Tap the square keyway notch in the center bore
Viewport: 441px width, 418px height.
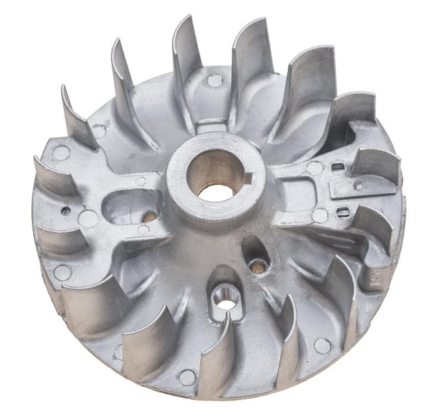[247, 179]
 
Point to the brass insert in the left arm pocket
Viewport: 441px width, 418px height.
[149, 217]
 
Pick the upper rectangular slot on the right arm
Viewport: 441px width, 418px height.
[337, 166]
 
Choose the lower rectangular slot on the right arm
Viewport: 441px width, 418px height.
[343, 212]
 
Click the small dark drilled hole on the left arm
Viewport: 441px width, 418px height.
[66, 211]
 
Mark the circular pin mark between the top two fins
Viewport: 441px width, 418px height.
[215, 80]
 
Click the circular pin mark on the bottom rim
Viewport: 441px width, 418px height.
[187, 377]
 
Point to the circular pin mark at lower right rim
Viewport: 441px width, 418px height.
[322, 345]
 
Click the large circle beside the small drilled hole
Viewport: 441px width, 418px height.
[88, 218]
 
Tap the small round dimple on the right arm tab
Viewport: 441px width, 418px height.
[358, 185]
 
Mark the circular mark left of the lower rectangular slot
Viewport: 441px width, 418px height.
[320, 216]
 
